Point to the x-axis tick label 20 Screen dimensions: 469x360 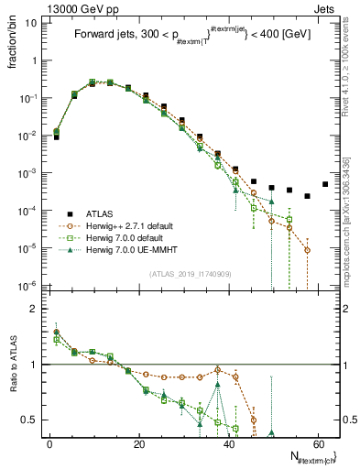(x=138, y=444)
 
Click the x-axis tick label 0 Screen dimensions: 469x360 (x=49, y=444)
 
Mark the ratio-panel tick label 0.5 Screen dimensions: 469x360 (x=30, y=420)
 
